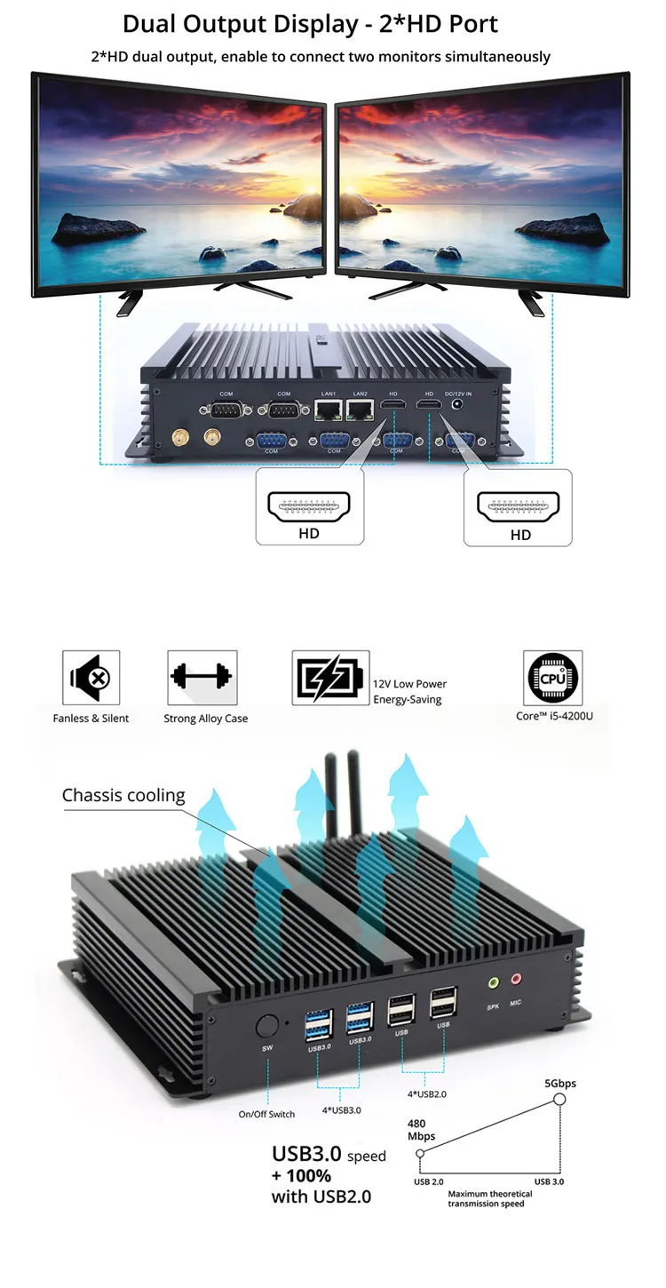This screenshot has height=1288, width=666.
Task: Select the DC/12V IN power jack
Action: [459, 405]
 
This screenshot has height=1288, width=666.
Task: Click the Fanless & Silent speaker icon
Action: [91, 678]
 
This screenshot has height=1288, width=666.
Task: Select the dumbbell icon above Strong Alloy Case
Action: [202, 678]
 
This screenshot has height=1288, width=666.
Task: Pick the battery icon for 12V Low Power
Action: [330, 678]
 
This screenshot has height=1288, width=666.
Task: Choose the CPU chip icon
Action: [553, 678]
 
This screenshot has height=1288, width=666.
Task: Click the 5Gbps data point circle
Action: [559, 1100]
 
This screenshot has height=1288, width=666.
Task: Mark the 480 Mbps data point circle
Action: [420, 1153]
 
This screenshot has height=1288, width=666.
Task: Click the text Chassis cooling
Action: [123, 795]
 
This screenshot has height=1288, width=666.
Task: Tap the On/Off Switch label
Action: [266, 1114]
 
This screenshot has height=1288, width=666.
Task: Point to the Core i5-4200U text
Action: [554, 715]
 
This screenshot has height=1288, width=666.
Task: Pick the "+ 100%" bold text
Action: [302, 1176]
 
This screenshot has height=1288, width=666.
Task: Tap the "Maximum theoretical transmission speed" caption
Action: [491, 1199]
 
